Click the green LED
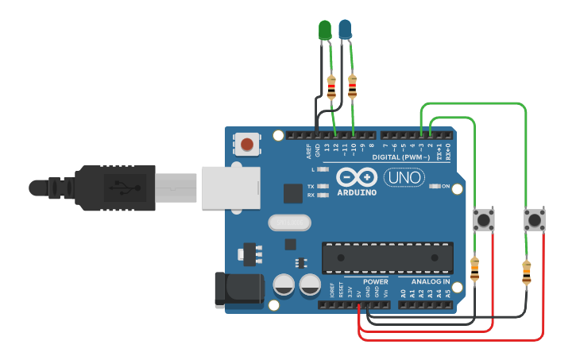coord(324,30)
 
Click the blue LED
coord(345,30)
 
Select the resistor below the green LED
coord(331,86)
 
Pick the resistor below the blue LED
coord(352,86)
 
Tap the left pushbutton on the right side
coord(483,219)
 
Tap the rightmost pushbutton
coord(535,220)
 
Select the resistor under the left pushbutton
coord(475,269)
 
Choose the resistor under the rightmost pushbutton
coord(526,273)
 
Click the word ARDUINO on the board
coord(358,192)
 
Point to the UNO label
coord(404,177)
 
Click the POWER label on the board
coord(376,282)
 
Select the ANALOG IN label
coord(430,282)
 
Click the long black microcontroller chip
coord(388,257)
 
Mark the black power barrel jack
coord(238,290)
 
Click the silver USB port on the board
coord(230,188)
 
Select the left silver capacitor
coord(284,285)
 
